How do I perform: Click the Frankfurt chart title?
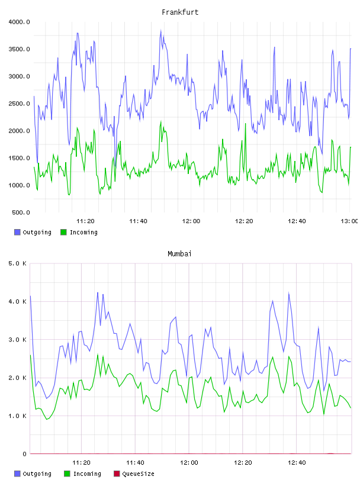pos(180,12)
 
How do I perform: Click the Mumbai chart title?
pos(179,254)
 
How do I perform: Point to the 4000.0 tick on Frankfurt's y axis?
pos(19,22)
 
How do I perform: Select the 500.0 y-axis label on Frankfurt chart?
pos(21,212)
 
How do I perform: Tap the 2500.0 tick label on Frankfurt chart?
pos(19,104)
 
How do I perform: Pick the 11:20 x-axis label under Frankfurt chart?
pos(85,221)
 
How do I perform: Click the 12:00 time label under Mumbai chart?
pos(189,463)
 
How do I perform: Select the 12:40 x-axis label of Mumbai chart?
pos(297,463)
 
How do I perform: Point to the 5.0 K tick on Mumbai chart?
pos(18,263)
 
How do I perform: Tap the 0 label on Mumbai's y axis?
pos(24,454)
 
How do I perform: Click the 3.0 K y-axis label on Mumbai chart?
pos(18,340)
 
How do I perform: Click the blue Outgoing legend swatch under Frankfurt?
pos(17,232)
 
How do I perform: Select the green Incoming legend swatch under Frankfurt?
pos(63,232)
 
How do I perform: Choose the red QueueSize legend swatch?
pos(117,474)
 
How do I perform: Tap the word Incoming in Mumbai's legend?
pos(87,474)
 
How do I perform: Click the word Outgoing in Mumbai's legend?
pos(37,474)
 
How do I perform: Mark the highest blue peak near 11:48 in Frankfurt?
pos(160,30)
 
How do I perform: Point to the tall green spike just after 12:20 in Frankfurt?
pos(245,124)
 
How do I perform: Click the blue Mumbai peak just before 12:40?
pos(289,293)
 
